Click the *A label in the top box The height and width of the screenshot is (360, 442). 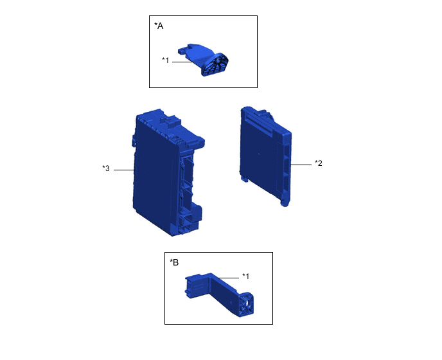click(x=159, y=26)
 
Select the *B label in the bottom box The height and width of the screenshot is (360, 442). click(x=174, y=262)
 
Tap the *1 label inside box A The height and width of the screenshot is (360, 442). click(x=166, y=60)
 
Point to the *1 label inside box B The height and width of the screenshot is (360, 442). click(x=246, y=276)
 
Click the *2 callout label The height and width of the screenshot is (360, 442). click(x=319, y=163)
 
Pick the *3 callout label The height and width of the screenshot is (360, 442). click(x=106, y=168)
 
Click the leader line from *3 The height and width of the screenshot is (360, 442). click(x=124, y=170)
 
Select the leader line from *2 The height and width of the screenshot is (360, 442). click(x=301, y=165)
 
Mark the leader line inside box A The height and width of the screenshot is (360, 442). click(x=182, y=62)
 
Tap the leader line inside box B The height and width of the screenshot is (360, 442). click(x=228, y=278)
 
